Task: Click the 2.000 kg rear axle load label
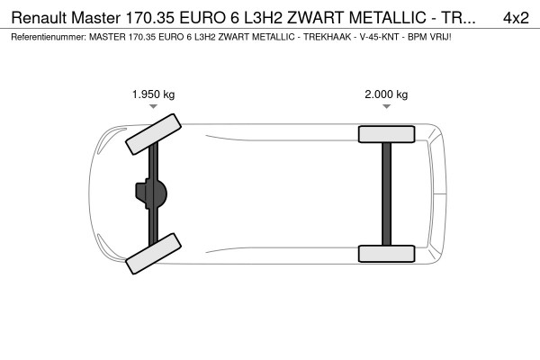click(386, 94)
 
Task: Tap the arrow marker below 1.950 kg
click(152, 107)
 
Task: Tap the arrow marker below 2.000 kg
click(386, 107)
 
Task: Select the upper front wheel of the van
click(152, 134)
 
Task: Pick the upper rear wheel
click(386, 134)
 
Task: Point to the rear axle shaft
click(386, 193)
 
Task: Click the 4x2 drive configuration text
click(516, 17)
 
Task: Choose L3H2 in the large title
click(259, 17)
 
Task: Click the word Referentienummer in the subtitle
click(44, 38)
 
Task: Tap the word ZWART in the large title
click(314, 17)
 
